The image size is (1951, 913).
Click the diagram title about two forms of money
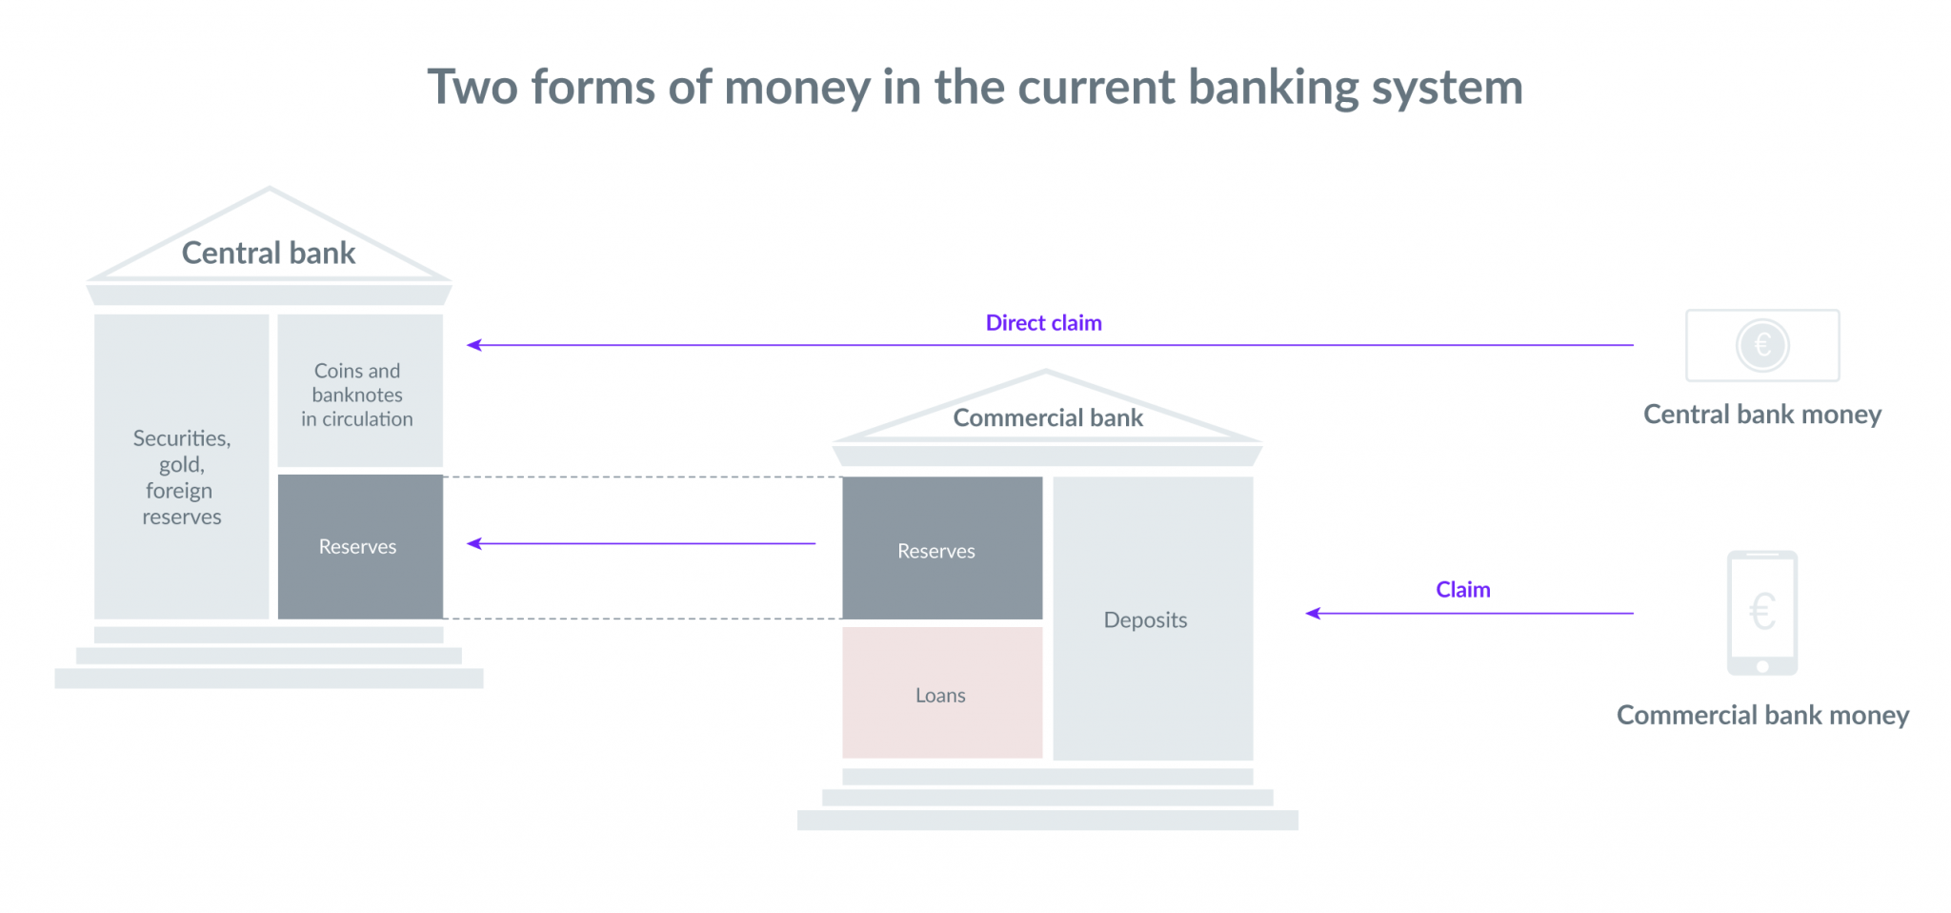coord(975,88)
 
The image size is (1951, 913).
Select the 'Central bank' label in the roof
coord(269,253)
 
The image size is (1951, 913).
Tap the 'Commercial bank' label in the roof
coord(1048,417)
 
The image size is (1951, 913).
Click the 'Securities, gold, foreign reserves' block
coord(182,467)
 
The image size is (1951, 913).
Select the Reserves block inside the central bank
coord(360,547)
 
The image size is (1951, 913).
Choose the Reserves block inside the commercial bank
coord(942,548)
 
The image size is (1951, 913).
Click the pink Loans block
coord(942,693)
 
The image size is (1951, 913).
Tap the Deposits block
coord(1153,619)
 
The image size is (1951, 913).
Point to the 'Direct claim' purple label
coord(1044,323)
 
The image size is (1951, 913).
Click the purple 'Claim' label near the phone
coord(1463,590)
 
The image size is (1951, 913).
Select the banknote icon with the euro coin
coord(1762,345)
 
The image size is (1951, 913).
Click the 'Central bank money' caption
coord(1762,415)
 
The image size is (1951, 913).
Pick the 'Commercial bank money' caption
coord(1762,715)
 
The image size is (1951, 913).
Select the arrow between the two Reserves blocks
coord(641,543)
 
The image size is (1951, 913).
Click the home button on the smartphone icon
coord(1762,666)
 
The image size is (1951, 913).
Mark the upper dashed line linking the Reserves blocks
coord(643,477)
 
